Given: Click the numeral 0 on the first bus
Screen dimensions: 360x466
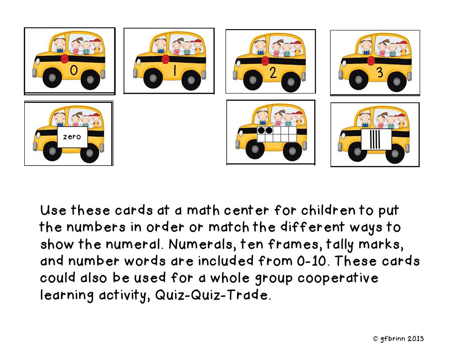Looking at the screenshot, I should [74, 70].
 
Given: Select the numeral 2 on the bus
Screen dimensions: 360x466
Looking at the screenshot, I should [273, 72].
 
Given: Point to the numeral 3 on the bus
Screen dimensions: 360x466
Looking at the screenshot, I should [380, 73].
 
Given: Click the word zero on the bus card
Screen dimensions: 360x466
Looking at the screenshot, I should [72, 137].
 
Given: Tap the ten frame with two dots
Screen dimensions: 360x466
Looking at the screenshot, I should [276, 134].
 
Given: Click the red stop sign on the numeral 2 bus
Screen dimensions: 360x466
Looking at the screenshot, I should [265, 60].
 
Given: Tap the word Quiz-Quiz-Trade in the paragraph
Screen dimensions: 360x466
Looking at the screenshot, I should [211, 295].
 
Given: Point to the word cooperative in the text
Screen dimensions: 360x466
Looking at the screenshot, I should [338, 278].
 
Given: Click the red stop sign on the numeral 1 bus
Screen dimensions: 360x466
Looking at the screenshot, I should [165, 59].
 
